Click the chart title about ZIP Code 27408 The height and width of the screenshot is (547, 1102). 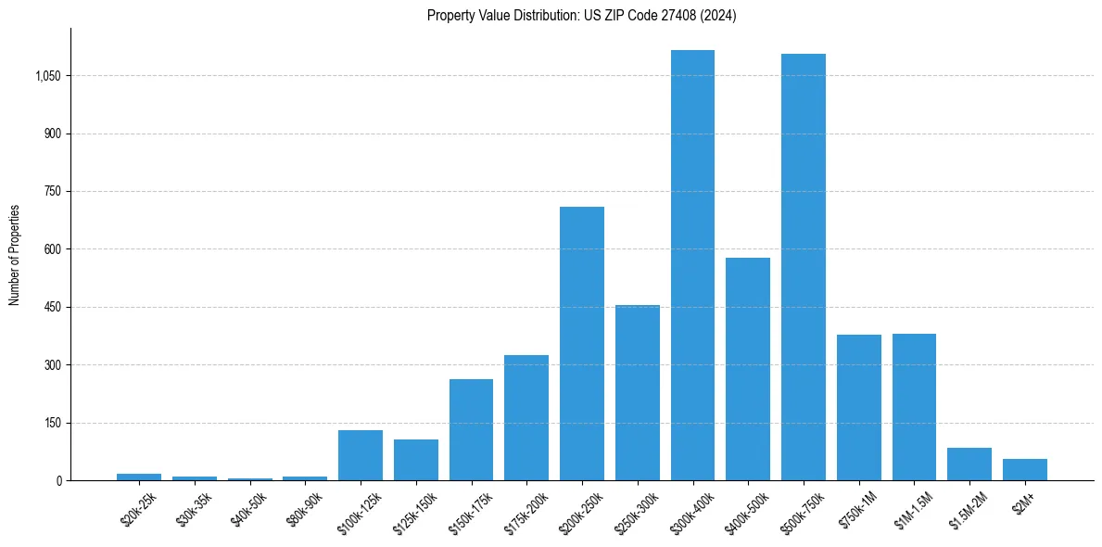click(581, 16)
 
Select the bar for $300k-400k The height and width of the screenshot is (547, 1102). click(692, 265)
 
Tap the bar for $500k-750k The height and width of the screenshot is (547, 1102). click(803, 267)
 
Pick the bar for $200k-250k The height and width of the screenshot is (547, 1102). click(582, 343)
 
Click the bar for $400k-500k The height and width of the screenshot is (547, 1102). click(748, 369)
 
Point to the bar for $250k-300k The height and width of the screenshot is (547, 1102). click(638, 392)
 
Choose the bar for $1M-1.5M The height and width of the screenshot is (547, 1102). click(914, 407)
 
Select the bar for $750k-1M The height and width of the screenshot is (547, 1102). click(858, 408)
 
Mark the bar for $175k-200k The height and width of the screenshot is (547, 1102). click(526, 417)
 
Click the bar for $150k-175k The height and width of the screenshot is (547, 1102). click(471, 429)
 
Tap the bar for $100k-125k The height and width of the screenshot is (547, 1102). click(361, 455)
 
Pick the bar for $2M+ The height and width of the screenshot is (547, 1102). click(1024, 469)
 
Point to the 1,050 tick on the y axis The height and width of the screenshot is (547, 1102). click(47, 76)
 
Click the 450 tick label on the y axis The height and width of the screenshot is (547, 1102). click(52, 307)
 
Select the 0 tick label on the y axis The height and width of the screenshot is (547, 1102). click(58, 480)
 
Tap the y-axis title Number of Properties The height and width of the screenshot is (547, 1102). click(15, 254)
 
